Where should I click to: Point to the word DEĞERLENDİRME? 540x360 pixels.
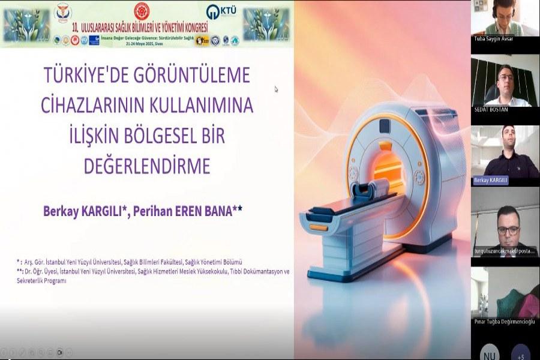tap(148, 165)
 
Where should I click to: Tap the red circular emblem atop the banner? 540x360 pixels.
tap(141, 10)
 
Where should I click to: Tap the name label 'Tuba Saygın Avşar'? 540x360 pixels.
tap(493, 39)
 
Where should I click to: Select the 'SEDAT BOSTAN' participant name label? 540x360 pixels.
tap(491, 109)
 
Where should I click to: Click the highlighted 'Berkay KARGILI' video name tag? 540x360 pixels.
tap(491, 180)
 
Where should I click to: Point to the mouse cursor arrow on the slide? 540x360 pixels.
tap(276, 89)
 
